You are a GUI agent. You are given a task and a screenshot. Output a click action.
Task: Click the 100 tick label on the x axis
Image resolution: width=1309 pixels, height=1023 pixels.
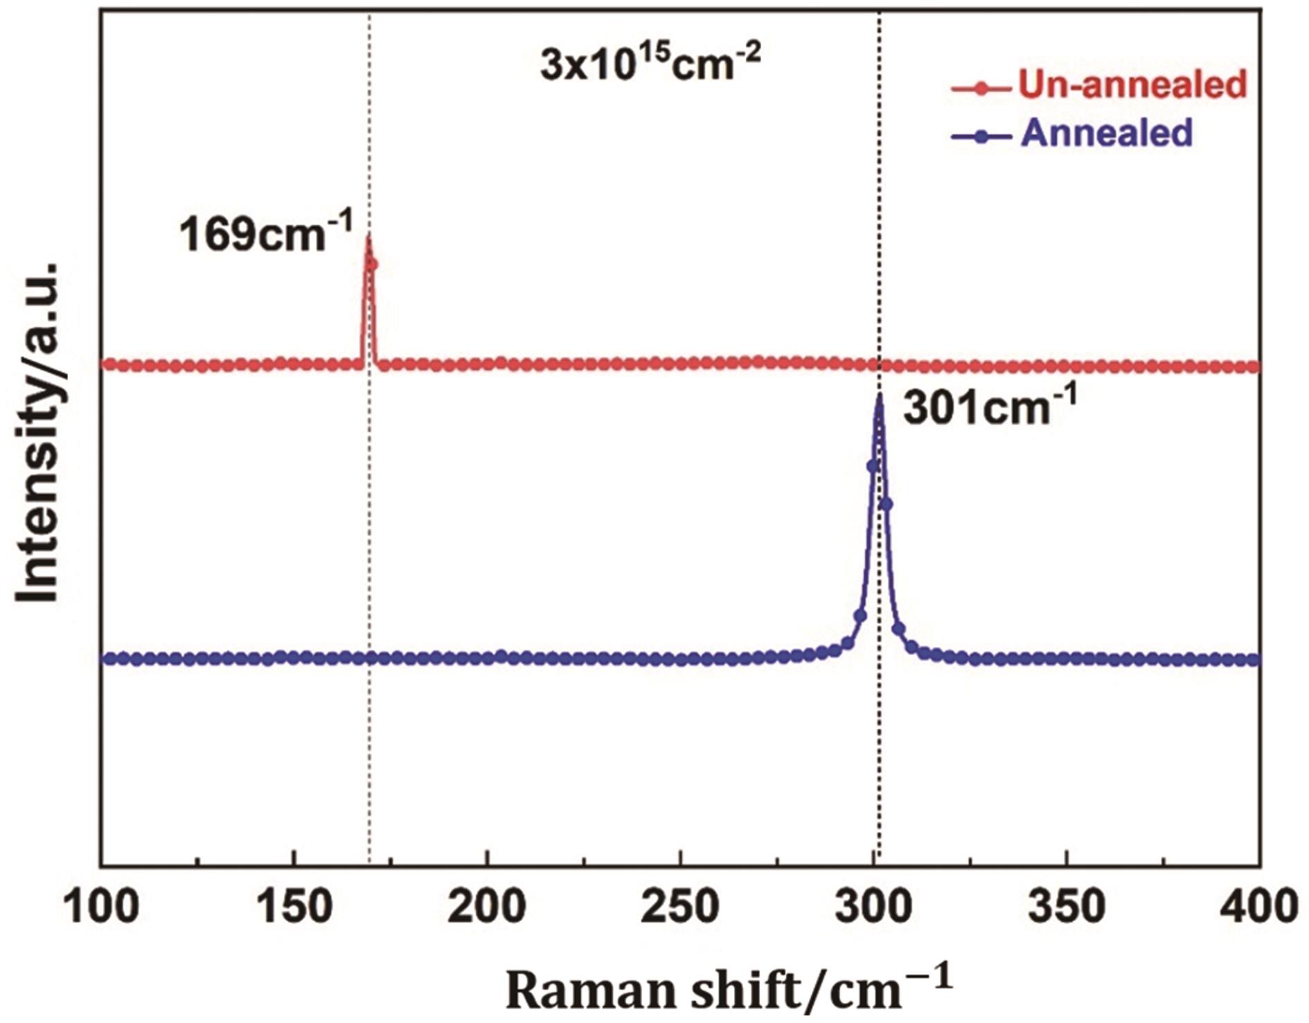[101, 907]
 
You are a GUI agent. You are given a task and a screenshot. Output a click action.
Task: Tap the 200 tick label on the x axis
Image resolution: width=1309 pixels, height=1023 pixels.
[488, 907]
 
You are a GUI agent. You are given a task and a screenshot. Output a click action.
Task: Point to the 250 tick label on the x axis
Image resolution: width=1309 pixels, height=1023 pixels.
[680, 907]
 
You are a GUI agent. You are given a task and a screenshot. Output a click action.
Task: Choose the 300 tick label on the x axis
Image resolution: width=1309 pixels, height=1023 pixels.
[873, 907]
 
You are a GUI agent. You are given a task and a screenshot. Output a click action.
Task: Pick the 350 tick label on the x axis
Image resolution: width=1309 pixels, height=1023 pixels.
[1067, 907]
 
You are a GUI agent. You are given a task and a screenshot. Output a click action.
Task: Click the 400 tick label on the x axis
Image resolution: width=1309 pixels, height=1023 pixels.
[1259, 907]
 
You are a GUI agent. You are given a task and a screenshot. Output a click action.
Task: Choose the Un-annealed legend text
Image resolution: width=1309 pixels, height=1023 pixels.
[1132, 84]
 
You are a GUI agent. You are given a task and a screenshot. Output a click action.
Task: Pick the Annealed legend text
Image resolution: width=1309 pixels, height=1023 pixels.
[1106, 132]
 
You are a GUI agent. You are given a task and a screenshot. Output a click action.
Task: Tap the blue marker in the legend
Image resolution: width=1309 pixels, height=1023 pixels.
[979, 136]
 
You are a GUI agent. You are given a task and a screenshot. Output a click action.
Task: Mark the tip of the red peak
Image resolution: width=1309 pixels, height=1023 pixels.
[368, 238]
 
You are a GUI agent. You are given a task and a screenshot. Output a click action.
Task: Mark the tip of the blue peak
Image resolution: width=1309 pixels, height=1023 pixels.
[879, 395]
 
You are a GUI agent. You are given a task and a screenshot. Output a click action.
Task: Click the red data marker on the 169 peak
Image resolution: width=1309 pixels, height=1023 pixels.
[373, 264]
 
